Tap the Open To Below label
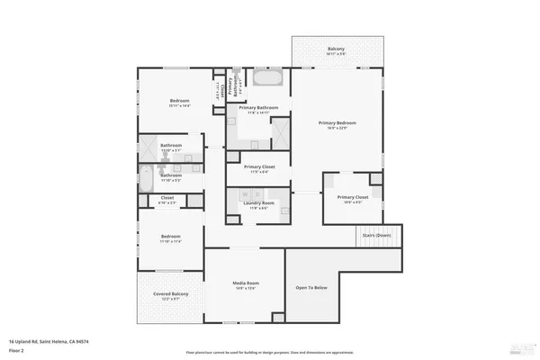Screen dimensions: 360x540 [x=311, y=288]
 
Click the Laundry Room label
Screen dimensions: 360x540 [x=258, y=203]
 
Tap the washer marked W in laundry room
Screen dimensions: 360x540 [x=244, y=193]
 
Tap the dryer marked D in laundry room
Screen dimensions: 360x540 [x=256, y=193]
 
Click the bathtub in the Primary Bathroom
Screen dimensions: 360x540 [x=267, y=78]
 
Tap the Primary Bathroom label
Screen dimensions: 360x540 [x=257, y=107]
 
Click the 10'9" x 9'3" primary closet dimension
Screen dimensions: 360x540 [x=353, y=202]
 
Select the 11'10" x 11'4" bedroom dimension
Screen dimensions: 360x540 [x=171, y=241]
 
